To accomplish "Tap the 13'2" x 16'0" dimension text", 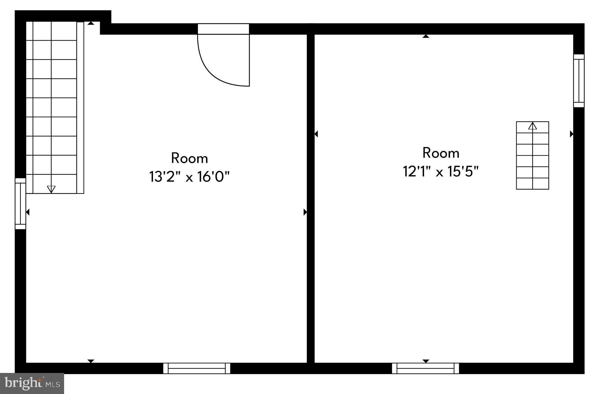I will coord(189,177).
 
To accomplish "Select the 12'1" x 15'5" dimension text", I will coord(440,171).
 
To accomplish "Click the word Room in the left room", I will coord(189,158).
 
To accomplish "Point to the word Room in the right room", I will coord(441,153).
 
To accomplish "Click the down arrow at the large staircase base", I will coord(51,189).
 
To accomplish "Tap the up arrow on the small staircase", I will coord(532,126).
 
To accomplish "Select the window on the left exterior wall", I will coord(20,204).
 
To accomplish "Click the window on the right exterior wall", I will coord(579,81).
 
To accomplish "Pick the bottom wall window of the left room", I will coord(197,368).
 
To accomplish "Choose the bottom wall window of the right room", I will coord(425,368).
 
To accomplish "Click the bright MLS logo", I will coord(32,383).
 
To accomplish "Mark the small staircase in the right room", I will coord(532,155).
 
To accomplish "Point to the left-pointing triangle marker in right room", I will coord(316,134).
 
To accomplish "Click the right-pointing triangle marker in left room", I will coord(305,212).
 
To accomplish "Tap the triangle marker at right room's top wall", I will coord(426,36).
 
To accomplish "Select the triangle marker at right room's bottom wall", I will coord(426,361).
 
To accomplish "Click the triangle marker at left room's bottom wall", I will coord(91,361).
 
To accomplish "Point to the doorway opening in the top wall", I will coord(223,29).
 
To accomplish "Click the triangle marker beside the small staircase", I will coord(571,134).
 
